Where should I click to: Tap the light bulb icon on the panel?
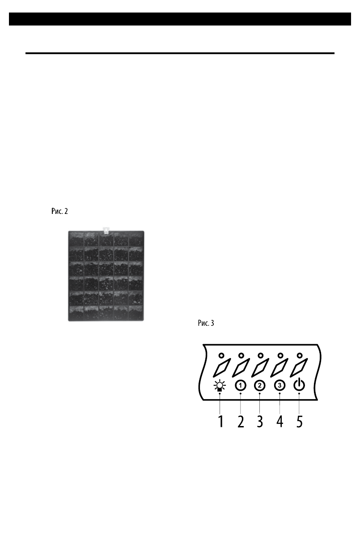[x=220, y=385]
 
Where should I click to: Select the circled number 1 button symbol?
[x=241, y=385]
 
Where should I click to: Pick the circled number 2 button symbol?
[x=259, y=385]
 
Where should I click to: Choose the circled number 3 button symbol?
[x=280, y=385]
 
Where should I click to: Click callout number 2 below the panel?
[x=241, y=421]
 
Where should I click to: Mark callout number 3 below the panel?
[x=260, y=421]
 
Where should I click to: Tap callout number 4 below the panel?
[x=280, y=421]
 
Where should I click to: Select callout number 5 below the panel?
[x=299, y=421]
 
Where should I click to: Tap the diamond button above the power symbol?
[x=300, y=368]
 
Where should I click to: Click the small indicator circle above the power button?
[x=300, y=355]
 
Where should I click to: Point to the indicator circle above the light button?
[x=221, y=355]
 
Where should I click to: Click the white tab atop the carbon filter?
[x=106, y=230]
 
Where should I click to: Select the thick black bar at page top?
[x=180, y=19]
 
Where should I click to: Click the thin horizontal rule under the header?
[x=180, y=53]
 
